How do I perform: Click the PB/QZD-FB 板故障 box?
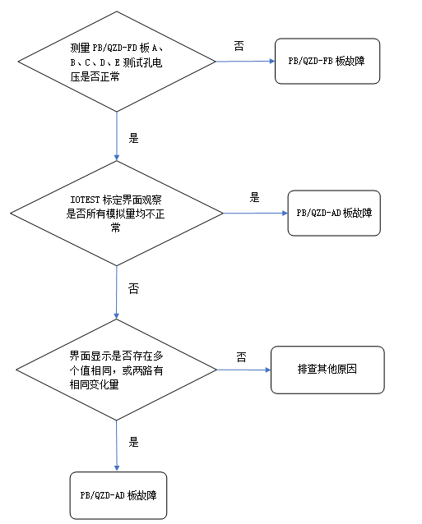click(327, 61)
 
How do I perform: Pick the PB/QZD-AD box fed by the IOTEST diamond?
click(334, 212)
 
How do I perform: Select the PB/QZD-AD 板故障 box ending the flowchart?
click(118, 495)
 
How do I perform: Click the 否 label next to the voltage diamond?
click(239, 47)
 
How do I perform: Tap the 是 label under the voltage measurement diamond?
click(134, 138)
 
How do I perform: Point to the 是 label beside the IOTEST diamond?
click(254, 197)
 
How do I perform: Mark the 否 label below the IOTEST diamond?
click(133, 289)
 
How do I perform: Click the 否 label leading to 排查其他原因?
click(241, 356)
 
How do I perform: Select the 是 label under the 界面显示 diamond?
click(134, 442)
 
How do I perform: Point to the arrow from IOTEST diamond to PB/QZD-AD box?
click(254, 213)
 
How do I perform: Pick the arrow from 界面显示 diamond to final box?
click(118, 448)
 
